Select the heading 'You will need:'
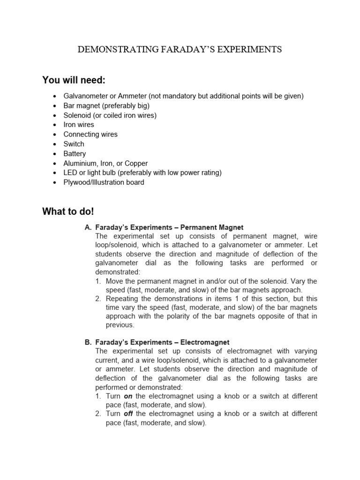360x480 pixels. [74, 80]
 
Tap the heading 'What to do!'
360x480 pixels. [68, 211]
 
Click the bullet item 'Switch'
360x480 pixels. [74, 144]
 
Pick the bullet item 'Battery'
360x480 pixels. [75, 154]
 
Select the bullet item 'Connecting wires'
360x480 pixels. [90, 134]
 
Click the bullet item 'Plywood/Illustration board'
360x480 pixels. [104, 182]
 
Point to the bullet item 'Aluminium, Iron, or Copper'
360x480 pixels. [105, 163]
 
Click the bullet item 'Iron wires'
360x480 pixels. [79, 125]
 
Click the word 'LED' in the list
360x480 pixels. [70, 172]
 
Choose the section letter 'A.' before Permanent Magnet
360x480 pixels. [88, 227]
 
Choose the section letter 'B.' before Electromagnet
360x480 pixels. [88, 342]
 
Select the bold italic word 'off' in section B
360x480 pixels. [128, 413]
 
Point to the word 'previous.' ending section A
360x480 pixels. [120, 325]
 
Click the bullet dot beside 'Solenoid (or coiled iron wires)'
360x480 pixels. [56, 115]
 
